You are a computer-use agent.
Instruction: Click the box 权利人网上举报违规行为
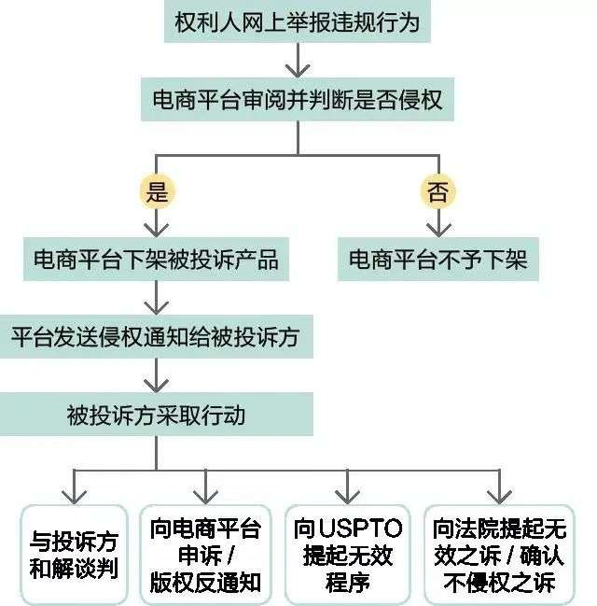pyautogui.click(x=298, y=21)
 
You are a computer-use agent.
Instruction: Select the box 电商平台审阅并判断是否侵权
pyautogui.click(x=298, y=99)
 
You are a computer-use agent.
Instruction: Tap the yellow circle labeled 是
pyautogui.click(x=157, y=191)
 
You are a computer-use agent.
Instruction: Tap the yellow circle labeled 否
pyautogui.click(x=438, y=191)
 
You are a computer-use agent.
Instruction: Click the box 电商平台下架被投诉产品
pyautogui.click(x=156, y=259)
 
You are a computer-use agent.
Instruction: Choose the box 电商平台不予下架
pyautogui.click(x=438, y=259)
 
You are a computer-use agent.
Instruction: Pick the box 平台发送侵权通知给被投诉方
pyautogui.click(x=156, y=337)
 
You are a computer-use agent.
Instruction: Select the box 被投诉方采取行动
pyautogui.click(x=156, y=415)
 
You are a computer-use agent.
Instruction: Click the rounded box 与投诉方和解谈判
pyautogui.click(x=74, y=555)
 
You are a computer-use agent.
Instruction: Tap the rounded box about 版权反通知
pyautogui.click(x=205, y=555)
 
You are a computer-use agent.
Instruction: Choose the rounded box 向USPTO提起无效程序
pyautogui.click(x=348, y=555)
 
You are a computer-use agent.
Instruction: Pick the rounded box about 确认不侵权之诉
pyautogui.click(x=500, y=555)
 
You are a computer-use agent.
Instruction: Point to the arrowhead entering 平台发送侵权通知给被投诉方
pyautogui.click(x=156, y=308)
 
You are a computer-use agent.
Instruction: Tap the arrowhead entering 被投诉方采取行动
pyautogui.click(x=156, y=386)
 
